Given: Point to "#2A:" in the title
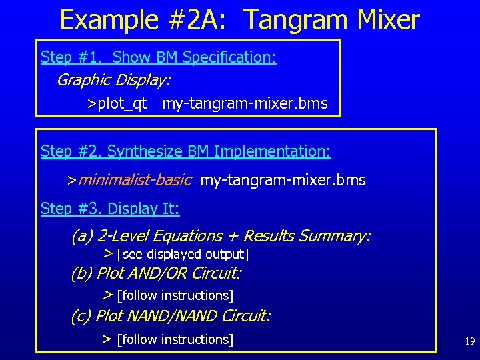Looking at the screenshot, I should point(203,20).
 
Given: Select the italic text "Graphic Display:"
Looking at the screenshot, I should point(113,81).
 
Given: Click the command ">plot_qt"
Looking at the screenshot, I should point(117,104).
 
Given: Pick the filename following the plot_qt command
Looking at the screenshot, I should point(245,104).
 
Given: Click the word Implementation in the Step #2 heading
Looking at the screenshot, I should point(271,152).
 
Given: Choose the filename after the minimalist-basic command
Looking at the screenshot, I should point(283,180).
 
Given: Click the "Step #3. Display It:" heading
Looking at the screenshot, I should point(110,209).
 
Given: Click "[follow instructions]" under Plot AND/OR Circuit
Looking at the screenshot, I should point(175,295).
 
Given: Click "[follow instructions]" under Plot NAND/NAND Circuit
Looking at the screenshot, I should point(175,339).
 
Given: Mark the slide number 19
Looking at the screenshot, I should point(469,341).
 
